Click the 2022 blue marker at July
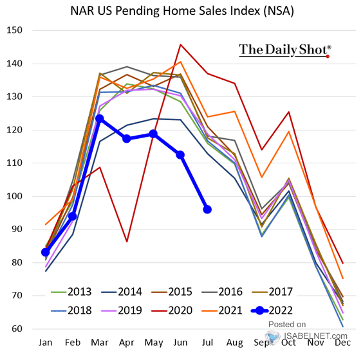click(207, 209)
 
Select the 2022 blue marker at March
click(100, 118)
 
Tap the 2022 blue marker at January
click(46, 252)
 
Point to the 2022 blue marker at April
click(127, 139)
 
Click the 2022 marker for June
click(180, 154)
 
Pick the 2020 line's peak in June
click(180, 44)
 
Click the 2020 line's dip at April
click(127, 242)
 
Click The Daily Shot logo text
click(285, 50)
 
